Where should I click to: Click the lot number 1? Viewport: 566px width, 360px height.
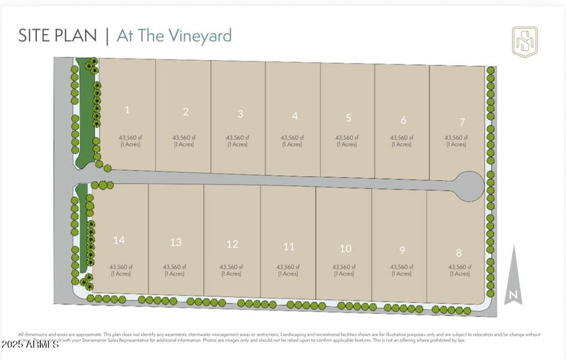click(127, 110)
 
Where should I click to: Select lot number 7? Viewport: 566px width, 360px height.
click(462, 122)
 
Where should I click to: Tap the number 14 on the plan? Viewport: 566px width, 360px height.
click(119, 240)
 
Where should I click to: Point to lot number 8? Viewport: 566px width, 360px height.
click(458, 252)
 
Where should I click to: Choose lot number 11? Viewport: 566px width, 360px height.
click(289, 247)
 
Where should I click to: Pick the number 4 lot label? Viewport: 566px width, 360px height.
click(295, 116)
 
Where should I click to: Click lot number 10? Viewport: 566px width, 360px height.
click(345, 248)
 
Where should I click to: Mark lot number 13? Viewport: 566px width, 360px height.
click(176, 243)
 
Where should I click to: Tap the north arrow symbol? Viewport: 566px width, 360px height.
click(514, 272)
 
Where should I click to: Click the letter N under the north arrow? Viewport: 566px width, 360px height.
click(514, 295)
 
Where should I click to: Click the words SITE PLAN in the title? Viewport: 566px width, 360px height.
click(58, 36)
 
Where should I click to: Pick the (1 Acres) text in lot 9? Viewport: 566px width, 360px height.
click(401, 274)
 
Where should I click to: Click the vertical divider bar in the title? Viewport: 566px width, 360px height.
click(107, 36)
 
